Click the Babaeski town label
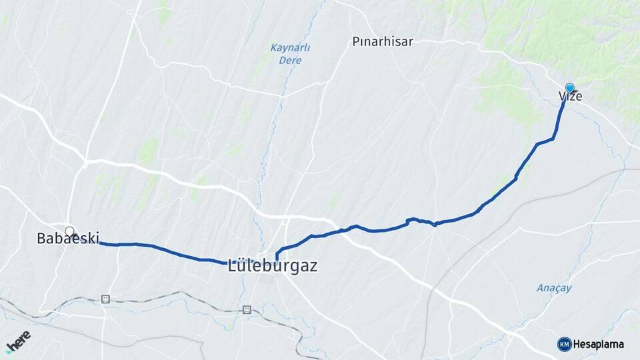point(68,238)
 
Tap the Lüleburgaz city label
point(273,265)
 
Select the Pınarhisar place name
point(383,41)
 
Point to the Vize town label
point(571,97)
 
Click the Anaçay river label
point(555,288)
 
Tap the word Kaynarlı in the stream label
point(290,48)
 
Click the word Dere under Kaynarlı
point(291,60)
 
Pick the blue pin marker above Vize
point(570,88)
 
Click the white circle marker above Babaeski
point(69,231)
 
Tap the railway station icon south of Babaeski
point(105,299)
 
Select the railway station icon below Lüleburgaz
point(247,309)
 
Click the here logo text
point(20,341)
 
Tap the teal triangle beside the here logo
point(9,351)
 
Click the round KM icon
point(564,344)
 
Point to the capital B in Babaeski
point(42,238)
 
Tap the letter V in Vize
point(563,97)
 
